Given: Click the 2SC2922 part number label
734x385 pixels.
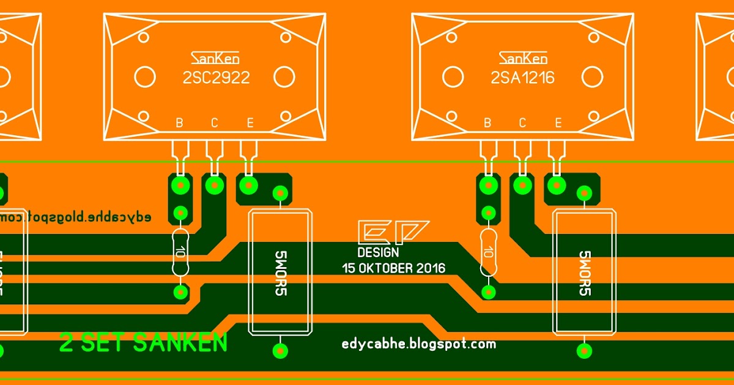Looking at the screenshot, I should click(x=216, y=78).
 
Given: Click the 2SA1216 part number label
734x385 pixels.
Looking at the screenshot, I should click(x=523, y=78).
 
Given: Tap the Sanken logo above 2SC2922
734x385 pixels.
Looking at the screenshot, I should click(x=215, y=58).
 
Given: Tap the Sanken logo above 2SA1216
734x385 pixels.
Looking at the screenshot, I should click(x=523, y=58).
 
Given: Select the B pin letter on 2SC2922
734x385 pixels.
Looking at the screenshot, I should click(x=179, y=123).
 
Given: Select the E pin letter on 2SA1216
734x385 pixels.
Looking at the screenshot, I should click(x=558, y=123).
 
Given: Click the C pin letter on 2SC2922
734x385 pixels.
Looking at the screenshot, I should click(x=214, y=123).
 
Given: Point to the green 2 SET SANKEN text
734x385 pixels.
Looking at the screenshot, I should click(x=143, y=343).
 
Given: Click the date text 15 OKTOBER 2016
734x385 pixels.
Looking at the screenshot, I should click(x=393, y=268).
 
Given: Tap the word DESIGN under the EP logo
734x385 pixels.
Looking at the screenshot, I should click(x=378, y=252).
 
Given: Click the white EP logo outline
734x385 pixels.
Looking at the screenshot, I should click(x=393, y=232).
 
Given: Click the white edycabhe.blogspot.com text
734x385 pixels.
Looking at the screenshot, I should click(x=418, y=344).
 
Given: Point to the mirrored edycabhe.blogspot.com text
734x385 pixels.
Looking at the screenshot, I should click(x=76, y=217).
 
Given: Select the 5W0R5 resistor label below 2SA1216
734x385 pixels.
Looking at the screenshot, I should click(x=584, y=273).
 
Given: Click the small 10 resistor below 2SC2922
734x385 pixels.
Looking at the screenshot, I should click(x=180, y=252).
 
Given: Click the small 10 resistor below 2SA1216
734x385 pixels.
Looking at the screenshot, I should click(x=488, y=252).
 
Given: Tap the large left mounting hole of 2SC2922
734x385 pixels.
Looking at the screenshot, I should click(x=145, y=77).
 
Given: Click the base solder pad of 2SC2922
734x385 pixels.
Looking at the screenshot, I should click(x=180, y=184).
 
